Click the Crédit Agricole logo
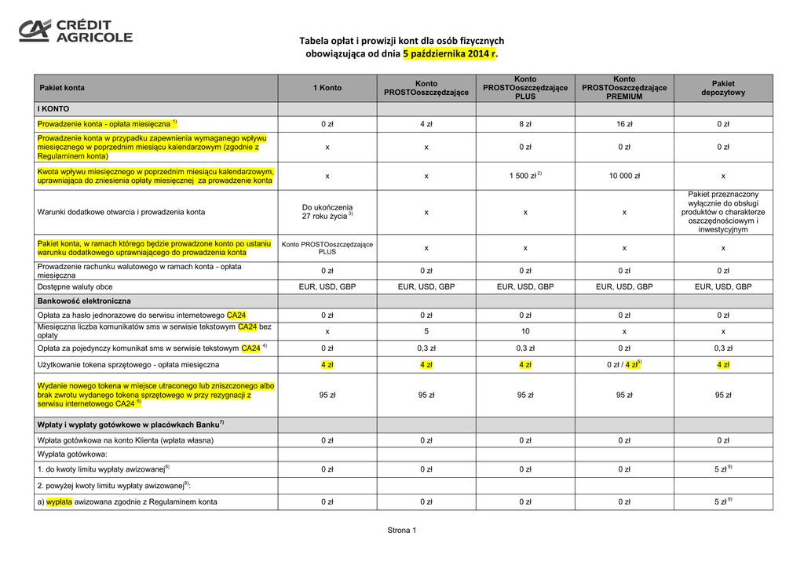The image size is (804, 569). tap(75, 31)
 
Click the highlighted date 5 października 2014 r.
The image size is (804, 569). tap(450, 54)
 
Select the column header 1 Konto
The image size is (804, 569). tap(327, 88)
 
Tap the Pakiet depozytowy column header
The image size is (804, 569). tap(723, 88)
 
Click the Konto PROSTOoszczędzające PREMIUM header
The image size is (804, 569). tap(624, 88)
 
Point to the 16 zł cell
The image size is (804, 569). tap(624, 124)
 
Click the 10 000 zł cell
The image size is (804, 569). tap(624, 176)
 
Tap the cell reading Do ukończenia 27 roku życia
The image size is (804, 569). tap(327, 212)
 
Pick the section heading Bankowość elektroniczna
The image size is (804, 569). tap(84, 301)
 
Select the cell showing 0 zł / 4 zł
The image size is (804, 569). tap(624, 364)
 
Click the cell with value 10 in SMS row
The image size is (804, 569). tap(525, 331)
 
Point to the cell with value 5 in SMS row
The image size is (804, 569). tap(426, 331)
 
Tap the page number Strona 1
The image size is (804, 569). tap(402, 531)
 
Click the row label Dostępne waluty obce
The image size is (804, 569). tap(75, 286)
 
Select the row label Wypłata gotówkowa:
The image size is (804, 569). tap(72, 454)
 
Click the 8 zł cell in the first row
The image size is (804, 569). tap(525, 124)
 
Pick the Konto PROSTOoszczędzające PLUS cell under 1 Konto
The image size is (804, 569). tap(327, 248)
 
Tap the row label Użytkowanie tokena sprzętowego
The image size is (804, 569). tap(129, 364)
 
